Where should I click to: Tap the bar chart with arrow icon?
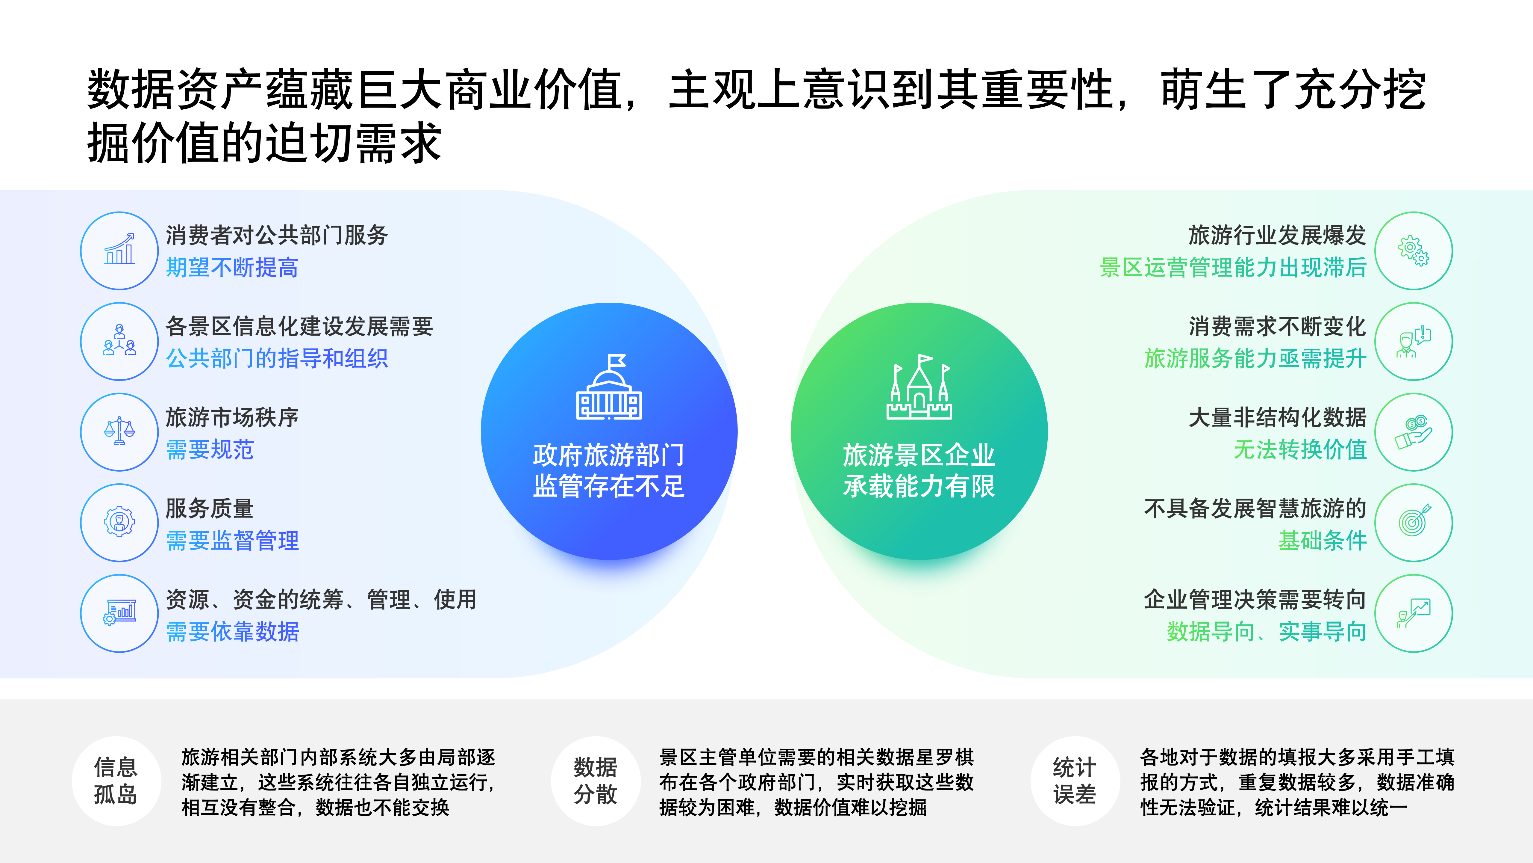pyautogui.click(x=120, y=250)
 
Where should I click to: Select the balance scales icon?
pyautogui.click(x=120, y=431)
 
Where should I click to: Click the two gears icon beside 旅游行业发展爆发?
pyautogui.click(x=1413, y=251)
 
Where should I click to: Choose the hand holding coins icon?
pyautogui.click(x=1413, y=432)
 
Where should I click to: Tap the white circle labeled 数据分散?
pyautogui.click(x=595, y=781)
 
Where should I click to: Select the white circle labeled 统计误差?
pyautogui.click(x=1075, y=781)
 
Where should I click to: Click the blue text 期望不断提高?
pyautogui.click(x=232, y=267)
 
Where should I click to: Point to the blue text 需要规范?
pyautogui.click(x=210, y=450)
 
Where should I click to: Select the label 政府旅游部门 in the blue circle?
pyautogui.click(x=609, y=455)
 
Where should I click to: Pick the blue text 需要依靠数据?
pyautogui.click(x=232, y=631)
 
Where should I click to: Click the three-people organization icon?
pyautogui.click(x=120, y=341)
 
